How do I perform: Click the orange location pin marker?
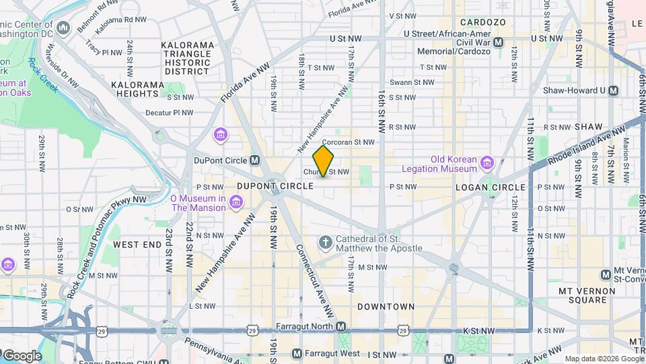[x=324, y=160]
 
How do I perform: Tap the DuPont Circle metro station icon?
[x=255, y=160]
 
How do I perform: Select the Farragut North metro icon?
[x=341, y=327]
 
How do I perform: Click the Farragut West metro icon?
[x=297, y=353]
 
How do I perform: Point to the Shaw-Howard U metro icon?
[x=613, y=90]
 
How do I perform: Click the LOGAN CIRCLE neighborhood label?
[x=490, y=187]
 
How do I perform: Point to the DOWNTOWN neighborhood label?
[x=386, y=307]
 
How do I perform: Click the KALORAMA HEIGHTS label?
[x=138, y=90]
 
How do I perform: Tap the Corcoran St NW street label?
[x=347, y=143]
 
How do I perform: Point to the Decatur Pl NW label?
[x=169, y=113]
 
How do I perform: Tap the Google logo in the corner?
[x=22, y=355]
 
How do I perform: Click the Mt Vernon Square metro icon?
[x=605, y=274]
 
